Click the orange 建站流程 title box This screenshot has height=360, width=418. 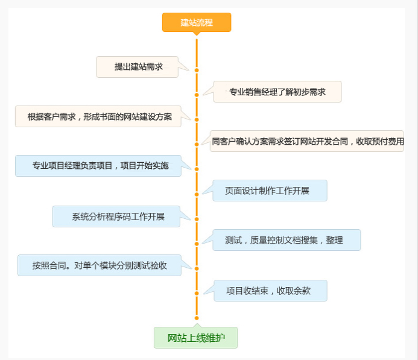coord(197,22)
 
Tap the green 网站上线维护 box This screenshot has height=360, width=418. coord(195,338)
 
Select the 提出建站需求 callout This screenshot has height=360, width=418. coord(137,67)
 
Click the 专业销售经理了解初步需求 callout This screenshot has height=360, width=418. coord(277,92)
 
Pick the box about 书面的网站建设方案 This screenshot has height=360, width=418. coord(98,116)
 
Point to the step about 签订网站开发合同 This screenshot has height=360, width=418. coord(306,141)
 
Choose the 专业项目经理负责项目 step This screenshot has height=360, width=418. coord(98,166)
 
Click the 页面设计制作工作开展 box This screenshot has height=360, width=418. coord(270,191)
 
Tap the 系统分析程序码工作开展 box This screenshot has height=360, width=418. coord(116,216)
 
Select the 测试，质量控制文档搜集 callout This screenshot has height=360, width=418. coord(287,240)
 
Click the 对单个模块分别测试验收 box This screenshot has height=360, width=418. coord(100,265)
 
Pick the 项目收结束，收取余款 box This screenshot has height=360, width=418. coord(270,291)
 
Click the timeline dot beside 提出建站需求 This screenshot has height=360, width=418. coord(197,71)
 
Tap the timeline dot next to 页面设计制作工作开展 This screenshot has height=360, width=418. coord(197,195)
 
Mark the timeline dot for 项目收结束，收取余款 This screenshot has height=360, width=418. coord(197,294)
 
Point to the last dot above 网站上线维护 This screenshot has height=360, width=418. coord(197,318)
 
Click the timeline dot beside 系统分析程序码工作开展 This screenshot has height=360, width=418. coord(197,219)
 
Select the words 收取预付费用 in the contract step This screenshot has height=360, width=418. coord(380,142)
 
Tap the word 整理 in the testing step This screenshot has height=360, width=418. coord(334,240)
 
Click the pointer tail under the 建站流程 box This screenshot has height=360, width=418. coord(197,34)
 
